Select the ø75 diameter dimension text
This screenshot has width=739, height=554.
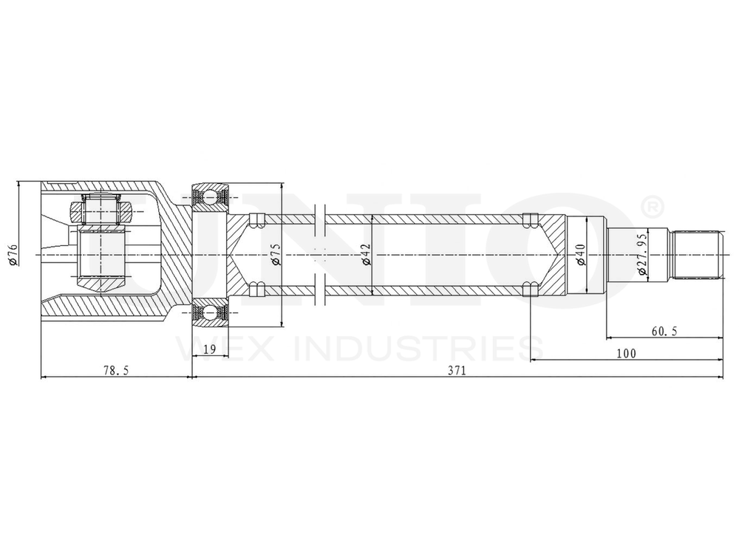[276, 254]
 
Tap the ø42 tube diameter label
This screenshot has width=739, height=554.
[365, 254]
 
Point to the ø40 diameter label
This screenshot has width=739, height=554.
[581, 254]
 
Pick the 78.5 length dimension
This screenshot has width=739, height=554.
[116, 371]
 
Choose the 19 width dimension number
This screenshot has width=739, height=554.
[209, 349]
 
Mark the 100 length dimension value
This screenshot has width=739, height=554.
[626, 354]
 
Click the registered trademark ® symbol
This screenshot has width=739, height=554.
[653, 208]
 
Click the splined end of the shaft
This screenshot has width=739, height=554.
[698, 255]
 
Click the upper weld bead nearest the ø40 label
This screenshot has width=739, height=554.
[528, 219]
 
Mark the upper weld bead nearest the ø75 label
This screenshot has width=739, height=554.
[256, 219]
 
